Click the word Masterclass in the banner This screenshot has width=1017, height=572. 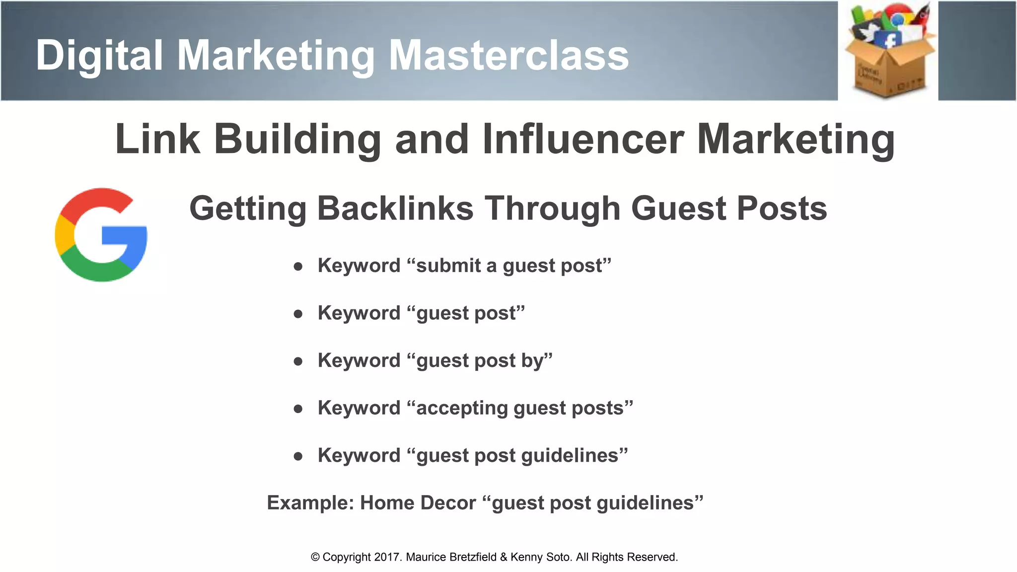[508, 55]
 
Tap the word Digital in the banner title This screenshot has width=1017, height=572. [99, 55]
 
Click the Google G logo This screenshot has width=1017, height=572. [101, 234]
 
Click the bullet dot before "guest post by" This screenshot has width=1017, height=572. [298, 361]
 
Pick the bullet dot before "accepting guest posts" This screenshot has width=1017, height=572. [298, 409]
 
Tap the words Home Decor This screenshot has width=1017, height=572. [418, 503]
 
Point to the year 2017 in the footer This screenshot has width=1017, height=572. [387, 557]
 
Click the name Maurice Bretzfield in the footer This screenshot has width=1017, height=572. [451, 557]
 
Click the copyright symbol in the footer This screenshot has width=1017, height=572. [315, 558]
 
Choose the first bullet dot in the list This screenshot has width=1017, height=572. [298, 267]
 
